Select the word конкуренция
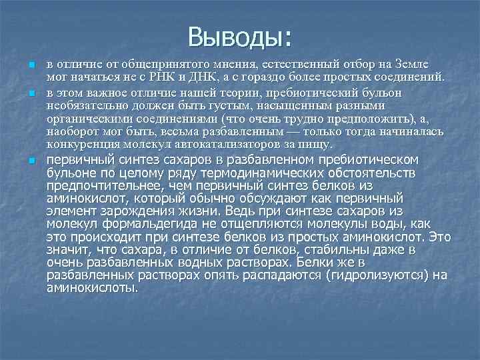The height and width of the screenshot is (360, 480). pyautogui.click(x=79, y=144)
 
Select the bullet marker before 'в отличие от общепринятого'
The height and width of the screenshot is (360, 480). pyautogui.click(x=31, y=65)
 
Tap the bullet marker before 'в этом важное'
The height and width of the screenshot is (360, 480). pyautogui.click(x=31, y=89)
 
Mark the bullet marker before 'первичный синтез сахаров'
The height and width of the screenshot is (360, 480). pyautogui.click(x=31, y=161)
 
